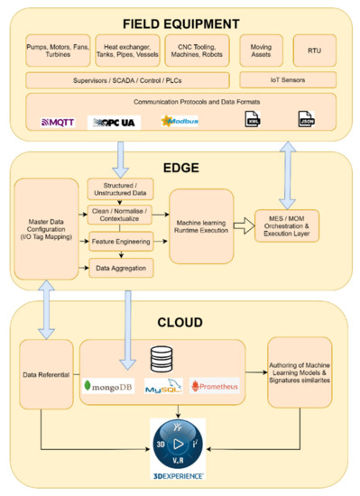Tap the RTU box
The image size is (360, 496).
coord(314,50)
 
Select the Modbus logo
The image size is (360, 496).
coord(179,121)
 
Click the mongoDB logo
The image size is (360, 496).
coord(110,385)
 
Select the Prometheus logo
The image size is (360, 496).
coord(214,385)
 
